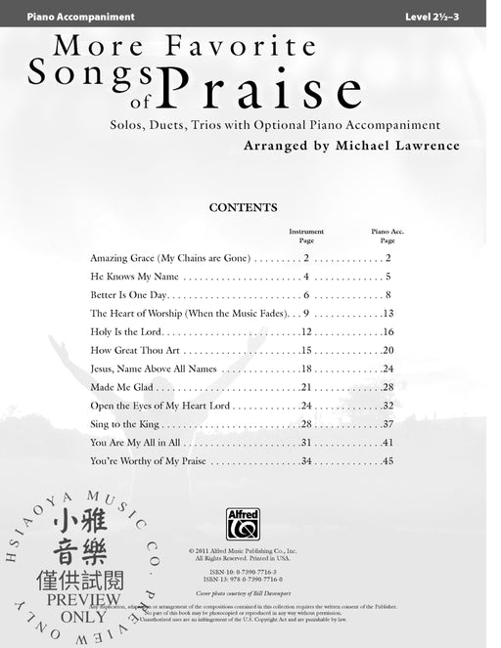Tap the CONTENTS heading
pos(244,207)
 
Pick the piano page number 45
pos(387,460)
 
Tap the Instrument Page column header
pos(306,236)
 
